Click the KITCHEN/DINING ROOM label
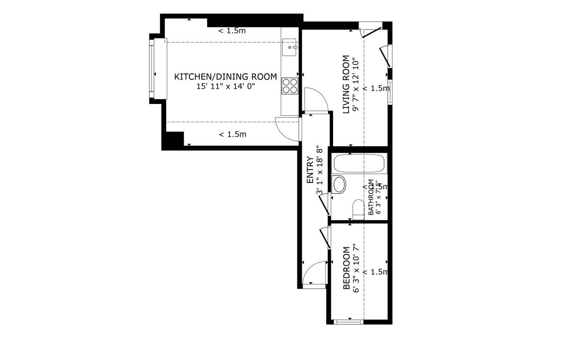225,77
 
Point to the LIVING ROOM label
346,84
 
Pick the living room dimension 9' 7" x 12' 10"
355,84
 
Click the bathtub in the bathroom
359,164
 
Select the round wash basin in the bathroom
339,184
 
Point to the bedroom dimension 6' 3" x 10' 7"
355,268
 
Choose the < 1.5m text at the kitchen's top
232,31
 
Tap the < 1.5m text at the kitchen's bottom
232,134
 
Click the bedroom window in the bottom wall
349,321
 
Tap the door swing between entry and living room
316,100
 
